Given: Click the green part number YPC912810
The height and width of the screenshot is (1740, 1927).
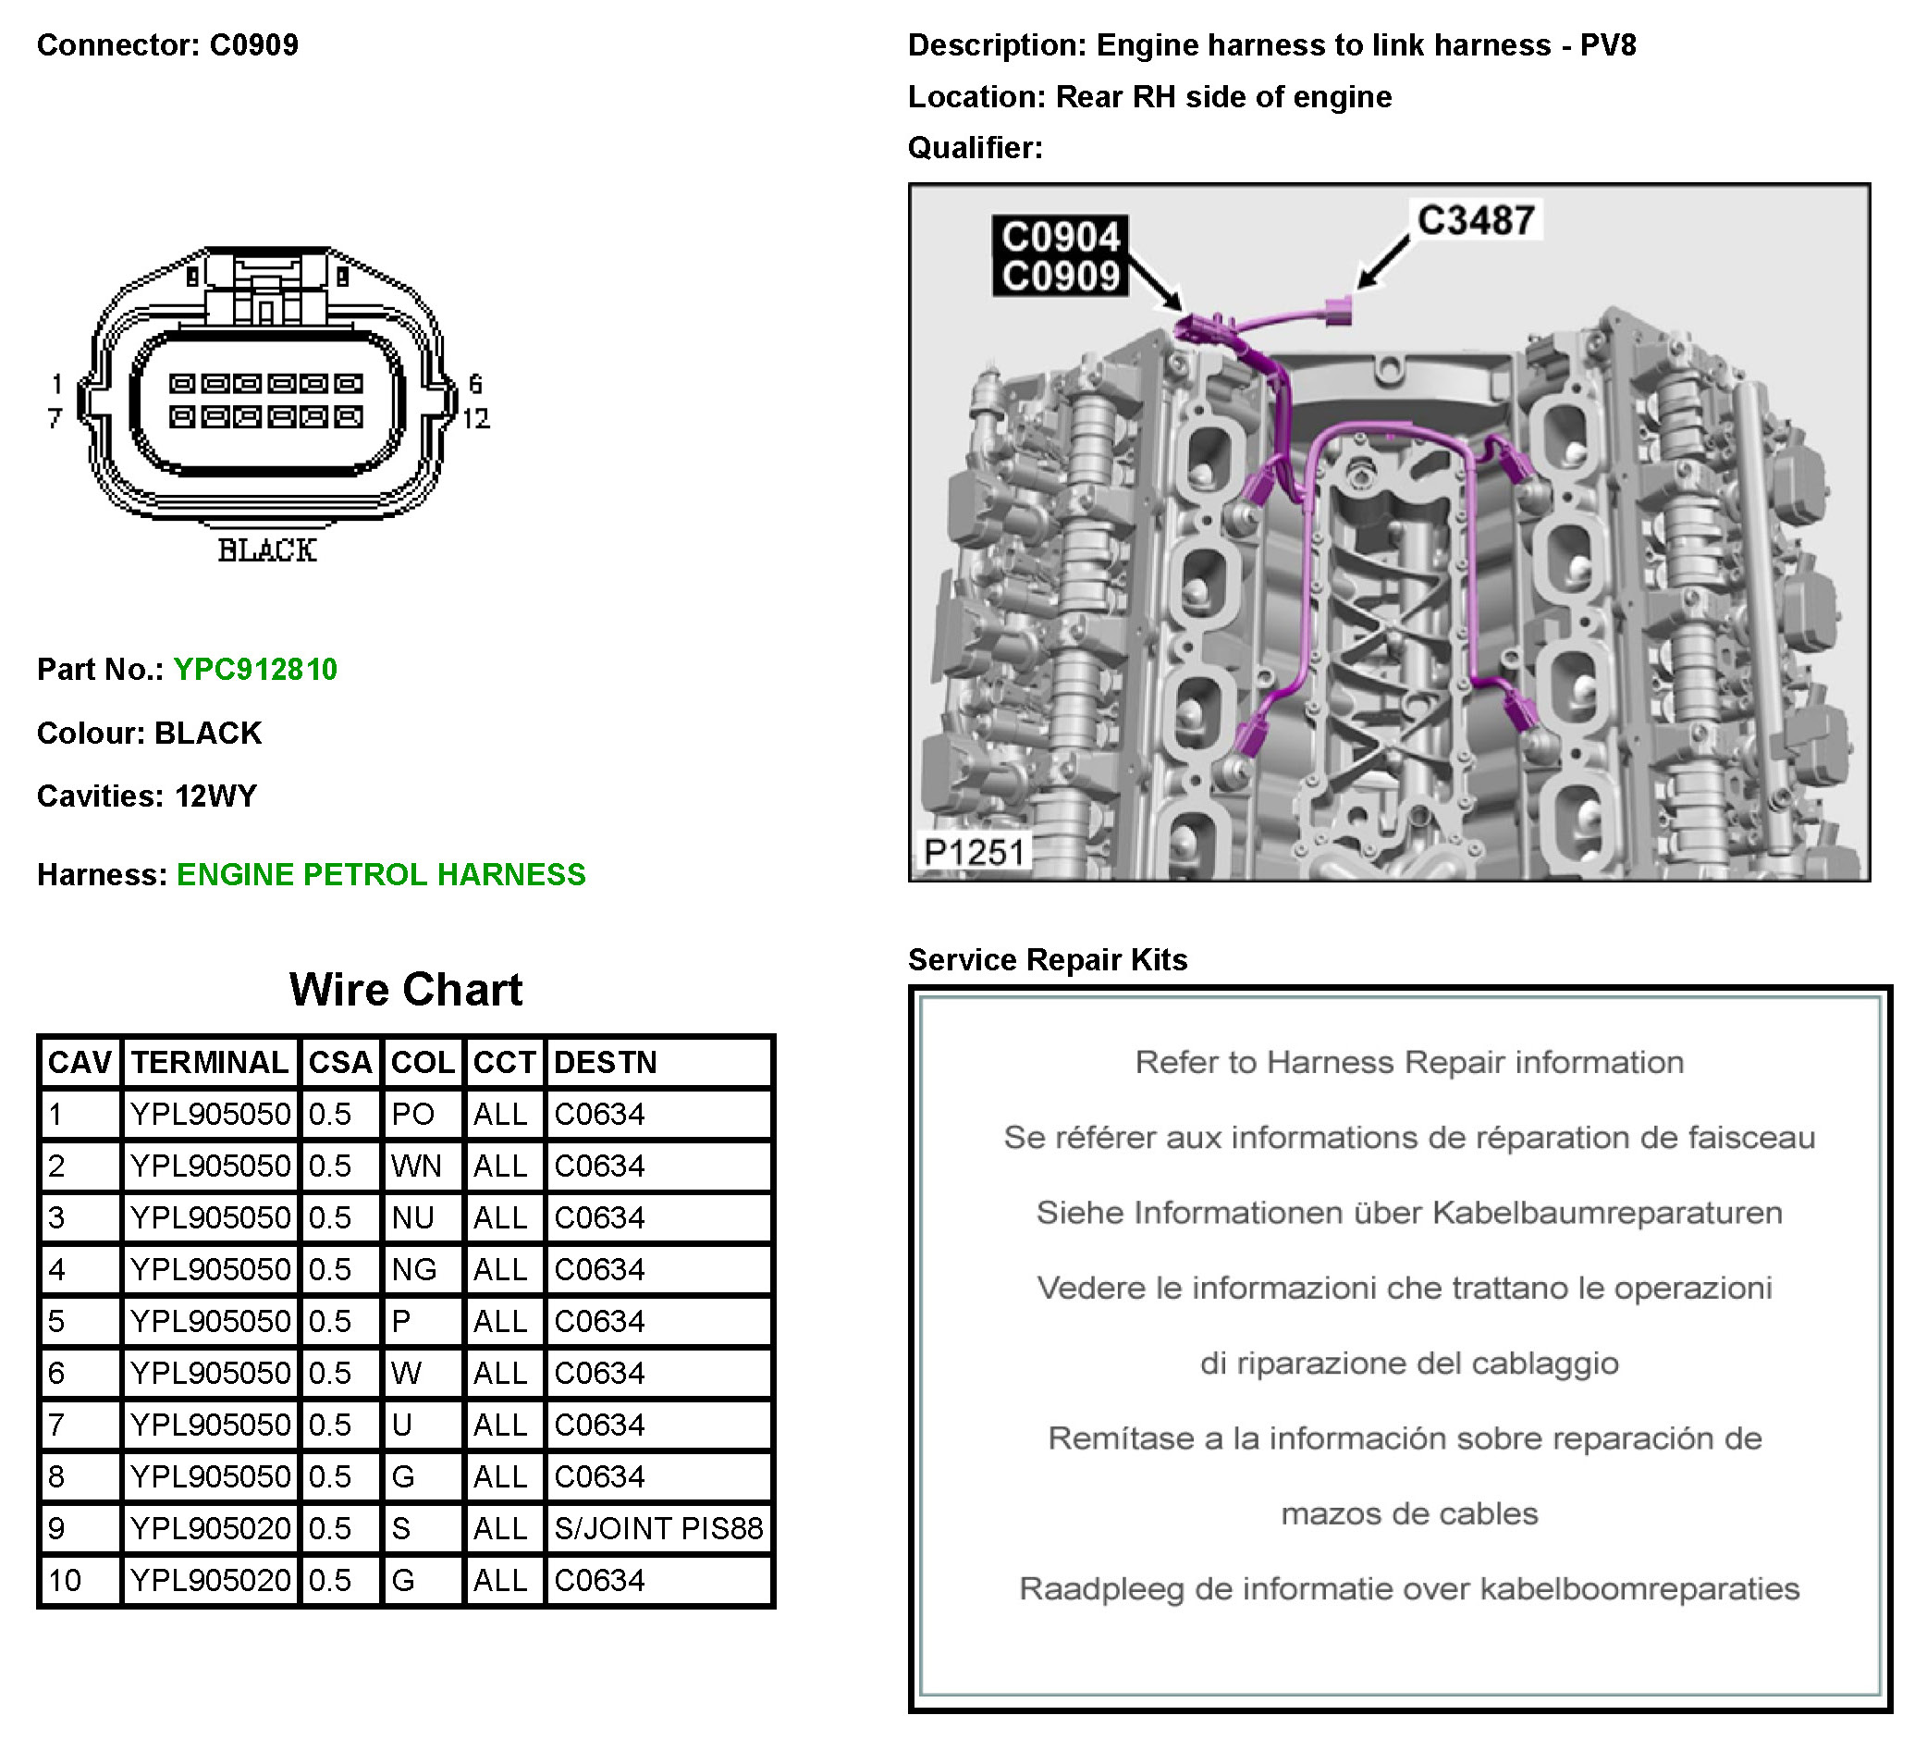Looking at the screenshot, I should [x=255, y=669].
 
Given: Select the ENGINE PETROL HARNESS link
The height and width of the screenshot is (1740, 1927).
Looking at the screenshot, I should [x=380, y=875].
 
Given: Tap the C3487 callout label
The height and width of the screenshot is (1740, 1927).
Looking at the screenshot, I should [x=1475, y=221].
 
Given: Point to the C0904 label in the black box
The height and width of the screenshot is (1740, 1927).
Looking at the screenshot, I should [x=1060, y=236].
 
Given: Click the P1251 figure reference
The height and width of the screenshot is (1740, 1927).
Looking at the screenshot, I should [x=974, y=852].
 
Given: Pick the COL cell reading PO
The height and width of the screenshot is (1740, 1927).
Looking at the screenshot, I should [x=413, y=1115].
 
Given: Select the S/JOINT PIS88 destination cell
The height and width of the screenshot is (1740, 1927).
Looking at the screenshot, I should [x=658, y=1529].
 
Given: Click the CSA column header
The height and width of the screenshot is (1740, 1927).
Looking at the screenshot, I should [x=340, y=1063].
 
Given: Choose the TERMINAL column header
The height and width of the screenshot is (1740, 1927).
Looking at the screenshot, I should [x=209, y=1063].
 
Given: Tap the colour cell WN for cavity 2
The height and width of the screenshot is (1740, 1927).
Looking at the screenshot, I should [x=417, y=1166].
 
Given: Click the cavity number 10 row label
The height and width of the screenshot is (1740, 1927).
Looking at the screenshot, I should [x=65, y=1580].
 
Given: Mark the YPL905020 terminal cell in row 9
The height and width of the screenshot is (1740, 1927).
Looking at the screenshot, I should [x=210, y=1529].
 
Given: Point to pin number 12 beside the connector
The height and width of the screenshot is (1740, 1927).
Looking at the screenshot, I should [x=476, y=419].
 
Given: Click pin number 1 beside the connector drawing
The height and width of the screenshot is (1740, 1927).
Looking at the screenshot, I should [x=57, y=384].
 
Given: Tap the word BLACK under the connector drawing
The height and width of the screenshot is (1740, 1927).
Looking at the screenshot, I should [x=266, y=550].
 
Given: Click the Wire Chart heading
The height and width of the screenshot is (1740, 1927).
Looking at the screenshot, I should [x=406, y=991].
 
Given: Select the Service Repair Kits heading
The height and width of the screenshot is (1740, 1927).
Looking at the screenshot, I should [x=1048, y=960].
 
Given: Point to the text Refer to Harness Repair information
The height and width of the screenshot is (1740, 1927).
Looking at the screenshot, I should [x=1409, y=1063].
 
